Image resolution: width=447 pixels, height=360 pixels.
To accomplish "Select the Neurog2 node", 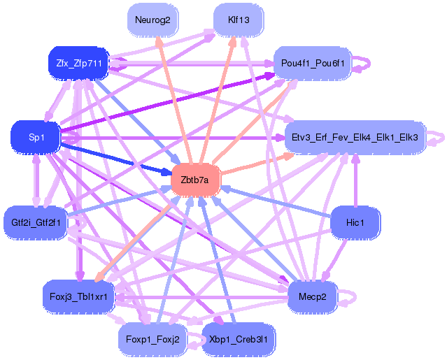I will coord(152,20).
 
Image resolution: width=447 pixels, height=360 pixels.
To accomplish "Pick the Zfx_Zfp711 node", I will coord(79,64).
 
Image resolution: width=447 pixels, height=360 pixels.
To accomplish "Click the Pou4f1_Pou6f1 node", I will coord(313,64).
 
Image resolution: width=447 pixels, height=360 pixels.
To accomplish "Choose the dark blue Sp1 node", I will coord(36,138).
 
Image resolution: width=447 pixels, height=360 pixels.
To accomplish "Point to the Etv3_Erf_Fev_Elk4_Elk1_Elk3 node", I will coord(355,138).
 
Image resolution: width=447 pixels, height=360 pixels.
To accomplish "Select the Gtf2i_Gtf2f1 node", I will coord(36,222).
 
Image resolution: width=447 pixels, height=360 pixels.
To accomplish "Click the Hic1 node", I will coord(355,222).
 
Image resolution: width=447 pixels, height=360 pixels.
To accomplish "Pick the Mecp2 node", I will coord(312,296).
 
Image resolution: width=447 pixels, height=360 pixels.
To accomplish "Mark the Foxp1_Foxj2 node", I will coord(152,340).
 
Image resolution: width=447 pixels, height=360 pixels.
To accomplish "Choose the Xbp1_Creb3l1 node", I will coord(238,340).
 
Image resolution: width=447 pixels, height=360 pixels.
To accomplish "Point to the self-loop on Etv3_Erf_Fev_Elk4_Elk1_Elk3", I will coord(439,137).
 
